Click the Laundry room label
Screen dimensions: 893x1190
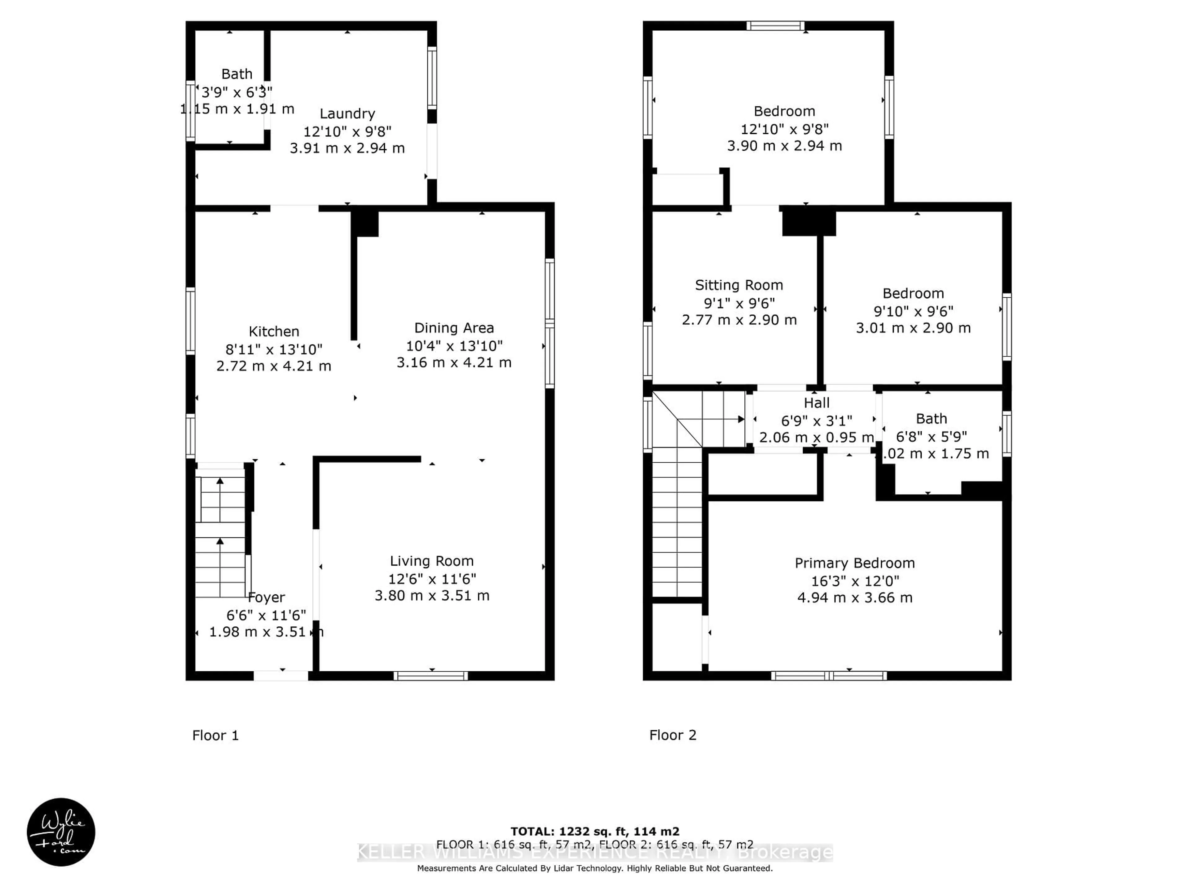[x=347, y=113]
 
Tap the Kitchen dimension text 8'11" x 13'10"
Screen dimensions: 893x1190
[x=274, y=349]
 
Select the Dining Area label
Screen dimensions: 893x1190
[x=453, y=328]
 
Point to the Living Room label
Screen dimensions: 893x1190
[x=431, y=561]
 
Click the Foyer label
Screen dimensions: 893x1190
[x=266, y=598]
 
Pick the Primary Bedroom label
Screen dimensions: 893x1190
[x=854, y=563]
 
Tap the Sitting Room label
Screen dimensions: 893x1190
[x=739, y=285]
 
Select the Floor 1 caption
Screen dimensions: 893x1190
[x=215, y=735]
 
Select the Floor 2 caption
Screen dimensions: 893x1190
[x=672, y=735]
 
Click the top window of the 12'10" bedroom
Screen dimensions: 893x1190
[x=775, y=26]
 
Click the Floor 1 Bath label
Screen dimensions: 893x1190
[x=237, y=74]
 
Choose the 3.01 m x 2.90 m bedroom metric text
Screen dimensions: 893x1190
[x=913, y=328]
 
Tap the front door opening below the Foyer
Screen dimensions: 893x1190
[x=281, y=676]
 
